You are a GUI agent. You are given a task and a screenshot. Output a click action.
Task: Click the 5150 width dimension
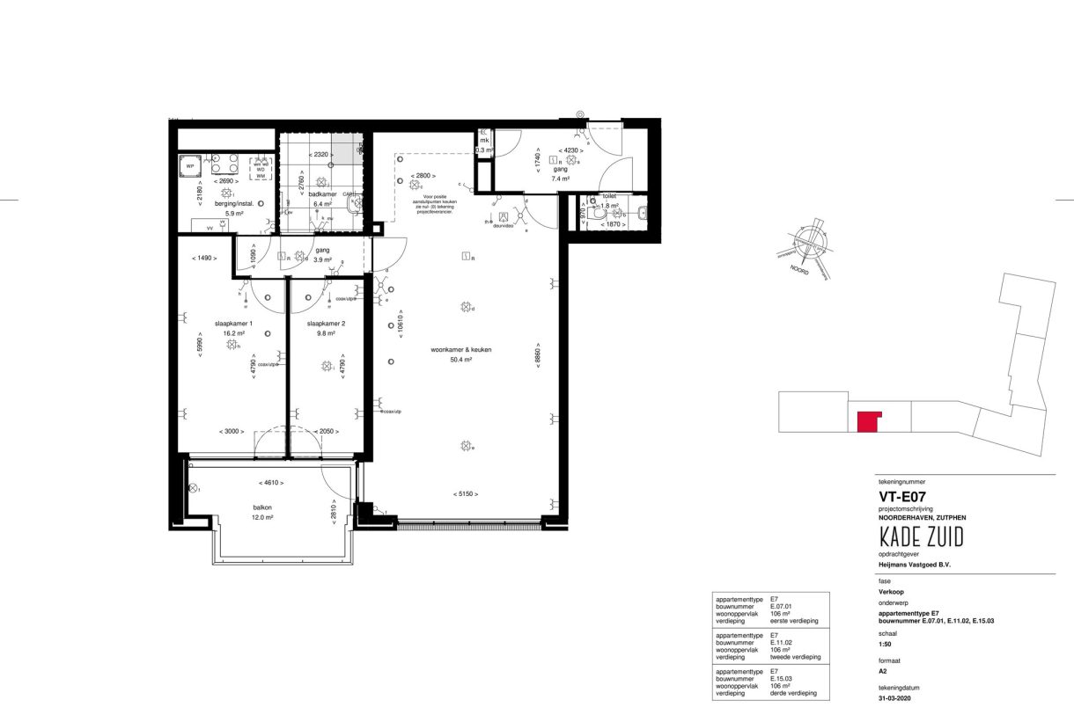[466, 494]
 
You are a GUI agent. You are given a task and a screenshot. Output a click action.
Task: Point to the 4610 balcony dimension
[270, 483]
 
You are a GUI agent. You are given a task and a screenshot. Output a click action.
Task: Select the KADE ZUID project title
[921, 537]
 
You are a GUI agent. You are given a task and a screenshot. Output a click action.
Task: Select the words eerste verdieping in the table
[794, 621]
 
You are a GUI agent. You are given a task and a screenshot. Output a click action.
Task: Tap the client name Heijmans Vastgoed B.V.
[916, 565]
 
